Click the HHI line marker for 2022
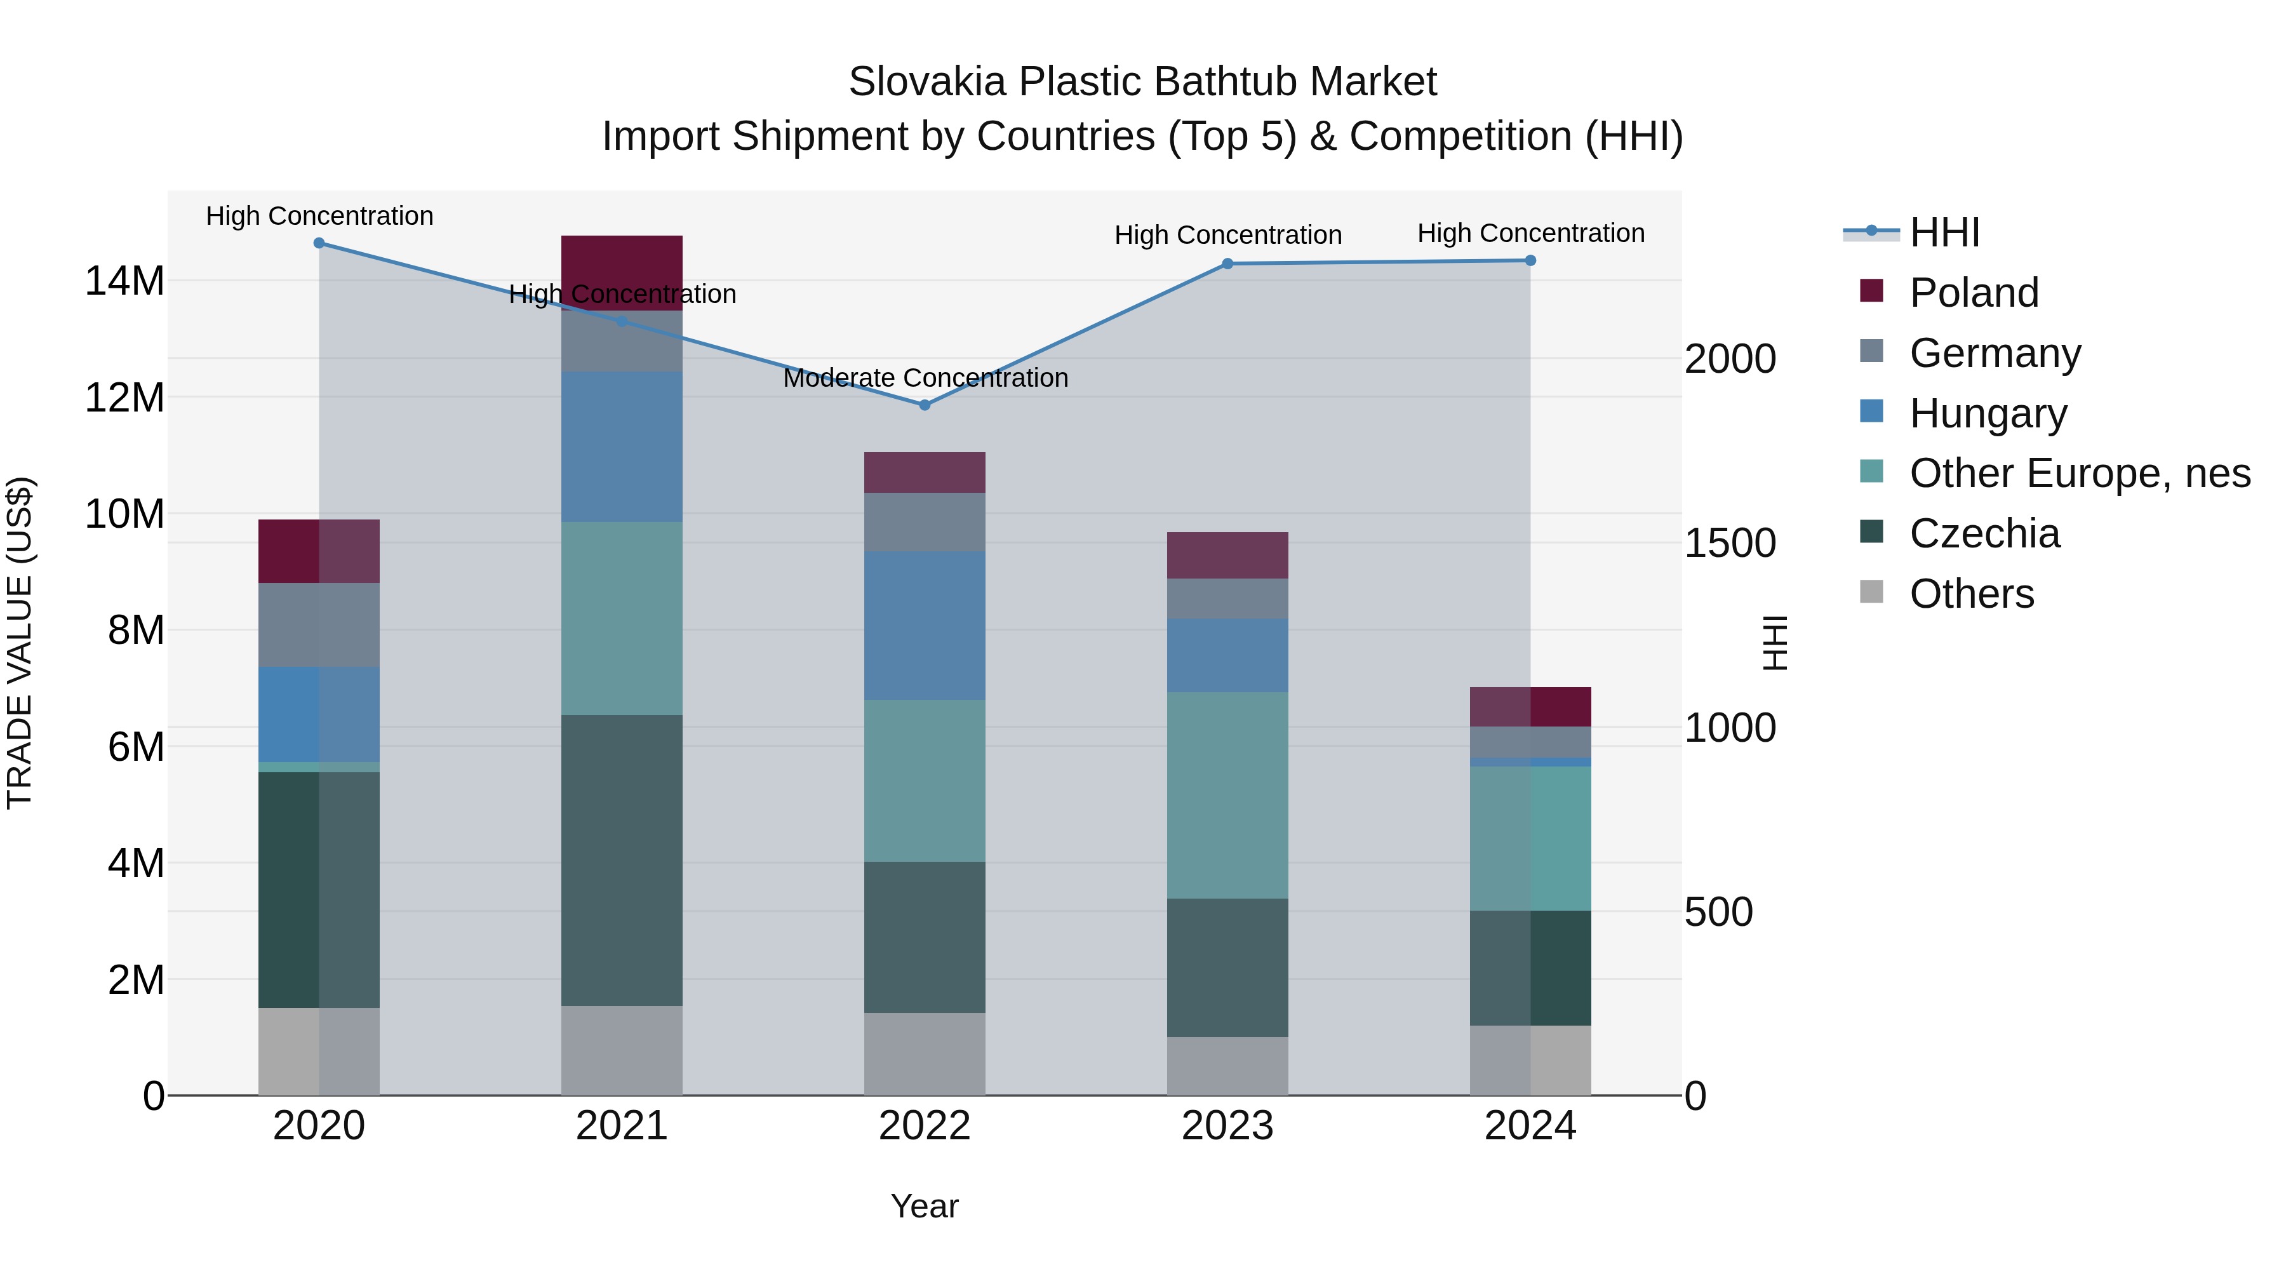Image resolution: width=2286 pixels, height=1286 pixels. [925, 405]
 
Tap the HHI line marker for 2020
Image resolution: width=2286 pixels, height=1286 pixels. [319, 243]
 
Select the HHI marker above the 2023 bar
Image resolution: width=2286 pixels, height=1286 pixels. [1227, 264]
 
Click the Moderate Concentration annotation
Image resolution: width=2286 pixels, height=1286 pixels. [925, 378]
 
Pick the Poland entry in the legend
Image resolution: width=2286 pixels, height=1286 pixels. [1974, 293]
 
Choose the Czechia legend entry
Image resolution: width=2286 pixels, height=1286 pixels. [1984, 533]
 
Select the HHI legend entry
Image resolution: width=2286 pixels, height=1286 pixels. [1944, 232]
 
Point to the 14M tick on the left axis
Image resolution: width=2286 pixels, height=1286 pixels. [124, 281]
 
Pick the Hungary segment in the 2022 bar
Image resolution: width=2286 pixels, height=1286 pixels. [925, 625]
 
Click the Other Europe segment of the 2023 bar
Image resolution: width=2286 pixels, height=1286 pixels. [1227, 794]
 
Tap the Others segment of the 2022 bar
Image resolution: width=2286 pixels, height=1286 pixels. [925, 1054]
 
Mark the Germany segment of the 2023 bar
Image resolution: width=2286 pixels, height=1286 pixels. [1227, 598]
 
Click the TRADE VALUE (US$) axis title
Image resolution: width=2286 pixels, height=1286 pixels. [20, 643]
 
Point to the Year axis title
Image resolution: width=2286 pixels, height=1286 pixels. [925, 1206]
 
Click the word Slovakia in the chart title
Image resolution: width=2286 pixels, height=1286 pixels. [926, 82]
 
